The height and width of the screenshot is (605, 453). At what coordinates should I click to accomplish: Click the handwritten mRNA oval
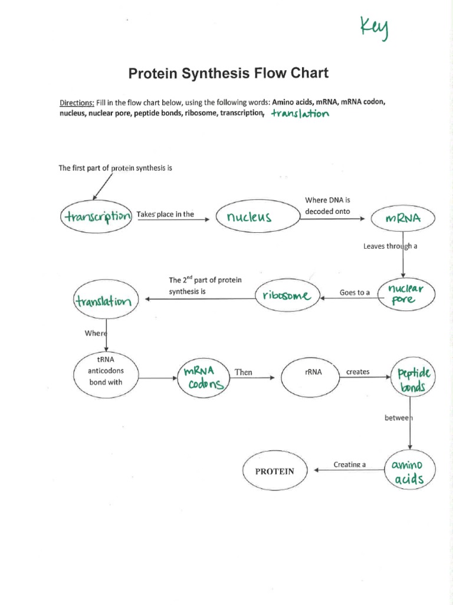[x=402, y=219]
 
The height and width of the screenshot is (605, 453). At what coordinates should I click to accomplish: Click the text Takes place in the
[x=165, y=214]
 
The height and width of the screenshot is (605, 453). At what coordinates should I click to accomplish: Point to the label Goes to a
[x=354, y=292]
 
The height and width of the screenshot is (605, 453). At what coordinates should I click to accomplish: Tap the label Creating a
[x=350, y=464]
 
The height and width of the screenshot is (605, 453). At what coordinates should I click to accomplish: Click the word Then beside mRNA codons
[x=243, y=372]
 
